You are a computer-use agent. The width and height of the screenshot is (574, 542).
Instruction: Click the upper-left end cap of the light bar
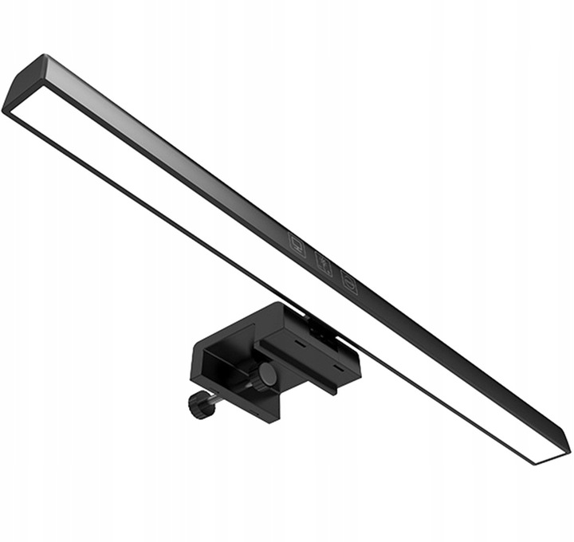tap(24, 84)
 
